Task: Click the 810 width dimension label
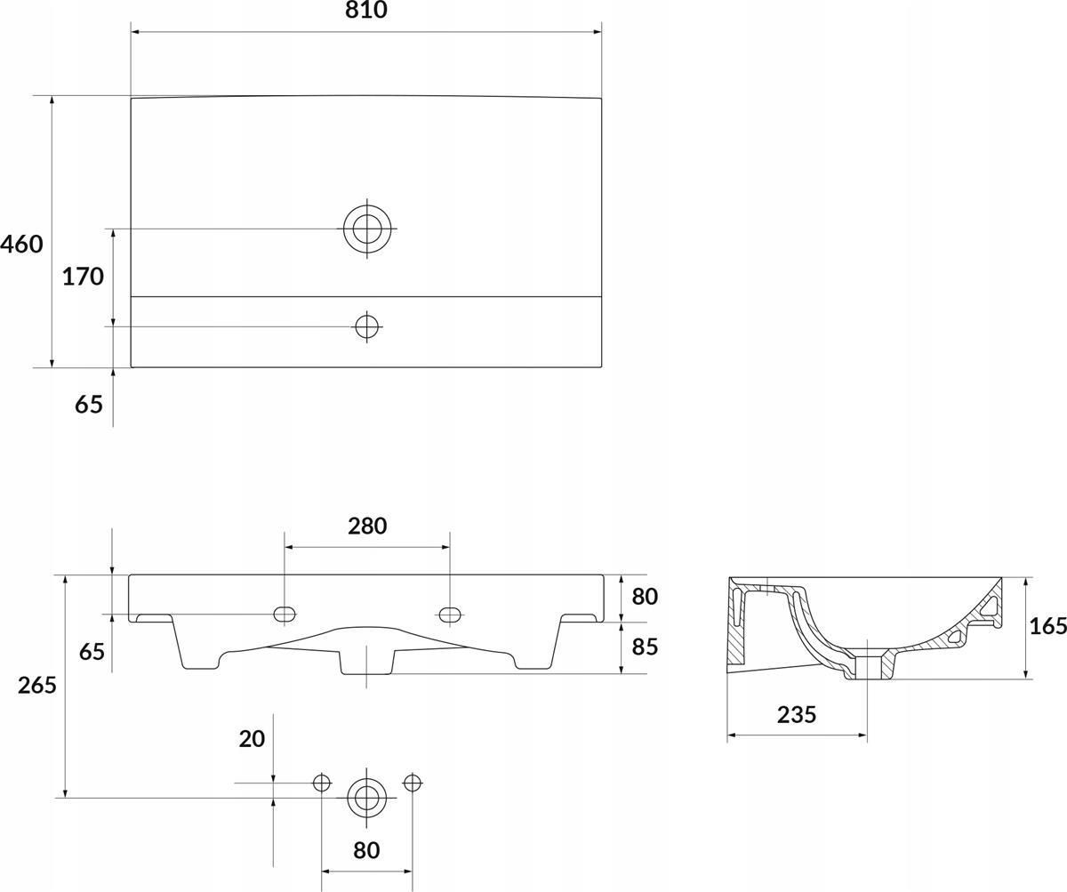[365, 10]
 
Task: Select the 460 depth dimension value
[21, 245]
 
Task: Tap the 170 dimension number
[83, 277]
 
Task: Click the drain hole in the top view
[367, 229]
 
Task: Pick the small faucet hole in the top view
[367, 326]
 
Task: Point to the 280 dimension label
[367, 526]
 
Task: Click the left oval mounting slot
[285, 614]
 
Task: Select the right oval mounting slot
[450, 614]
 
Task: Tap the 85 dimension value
[645, 647]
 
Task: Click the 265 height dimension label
[36, 686]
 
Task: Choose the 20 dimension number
[252, 739]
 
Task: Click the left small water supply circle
[321, 783]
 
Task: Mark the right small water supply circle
[412, 783]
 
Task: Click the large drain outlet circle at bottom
[366, 798]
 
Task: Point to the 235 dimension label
[797, 715]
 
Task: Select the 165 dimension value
[1048, 626]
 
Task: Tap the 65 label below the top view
[89, 405]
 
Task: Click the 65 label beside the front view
[92, 652]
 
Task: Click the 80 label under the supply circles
[366, 850]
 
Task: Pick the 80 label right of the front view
[645, 597]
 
